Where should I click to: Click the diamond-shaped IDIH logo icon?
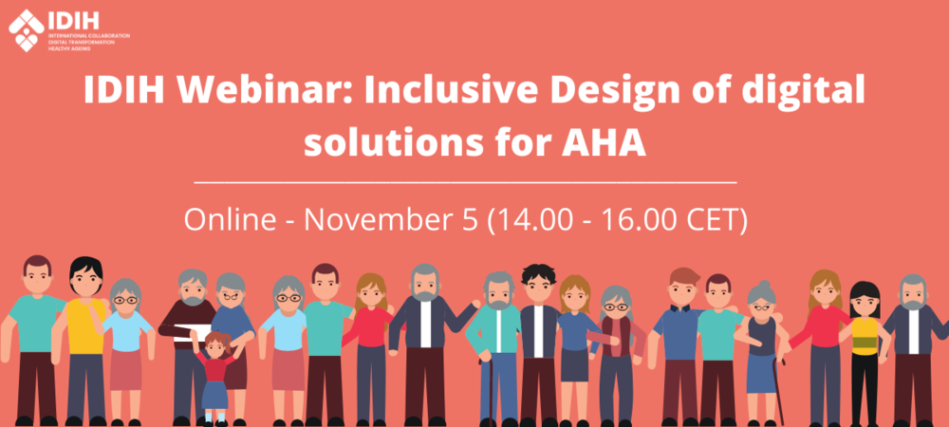click(26, 30)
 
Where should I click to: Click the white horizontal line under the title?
click(465, 181)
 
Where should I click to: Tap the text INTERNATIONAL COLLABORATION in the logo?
click(89, 36)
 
